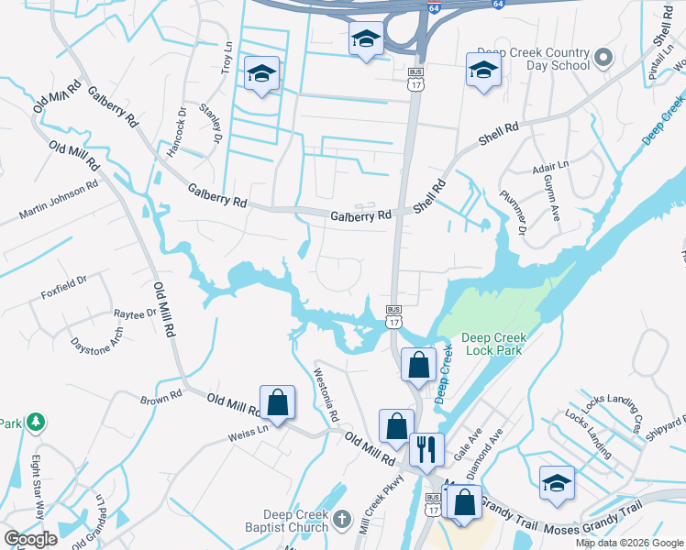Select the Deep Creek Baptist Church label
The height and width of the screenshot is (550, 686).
pos(295,520)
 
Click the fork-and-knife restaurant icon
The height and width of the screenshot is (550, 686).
pos(426,449)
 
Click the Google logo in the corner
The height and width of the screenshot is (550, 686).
pos(31,539)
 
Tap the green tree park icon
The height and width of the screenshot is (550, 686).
pos(35,423)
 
